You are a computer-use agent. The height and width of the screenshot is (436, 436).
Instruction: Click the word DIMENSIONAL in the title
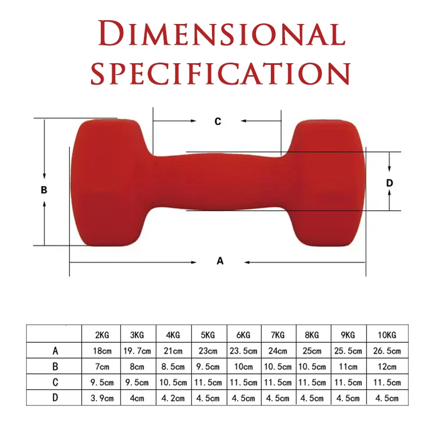222,33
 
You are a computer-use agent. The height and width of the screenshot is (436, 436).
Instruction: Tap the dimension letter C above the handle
217,122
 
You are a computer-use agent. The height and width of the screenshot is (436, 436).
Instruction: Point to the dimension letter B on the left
44,190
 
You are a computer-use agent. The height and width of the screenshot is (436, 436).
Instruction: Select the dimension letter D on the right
390,183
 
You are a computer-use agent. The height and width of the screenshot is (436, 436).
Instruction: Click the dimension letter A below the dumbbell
220,261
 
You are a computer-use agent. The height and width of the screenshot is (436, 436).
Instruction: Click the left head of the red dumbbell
111,183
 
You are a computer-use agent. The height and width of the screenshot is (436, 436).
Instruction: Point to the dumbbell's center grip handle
219,181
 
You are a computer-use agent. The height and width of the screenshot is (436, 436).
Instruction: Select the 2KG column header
102,335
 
